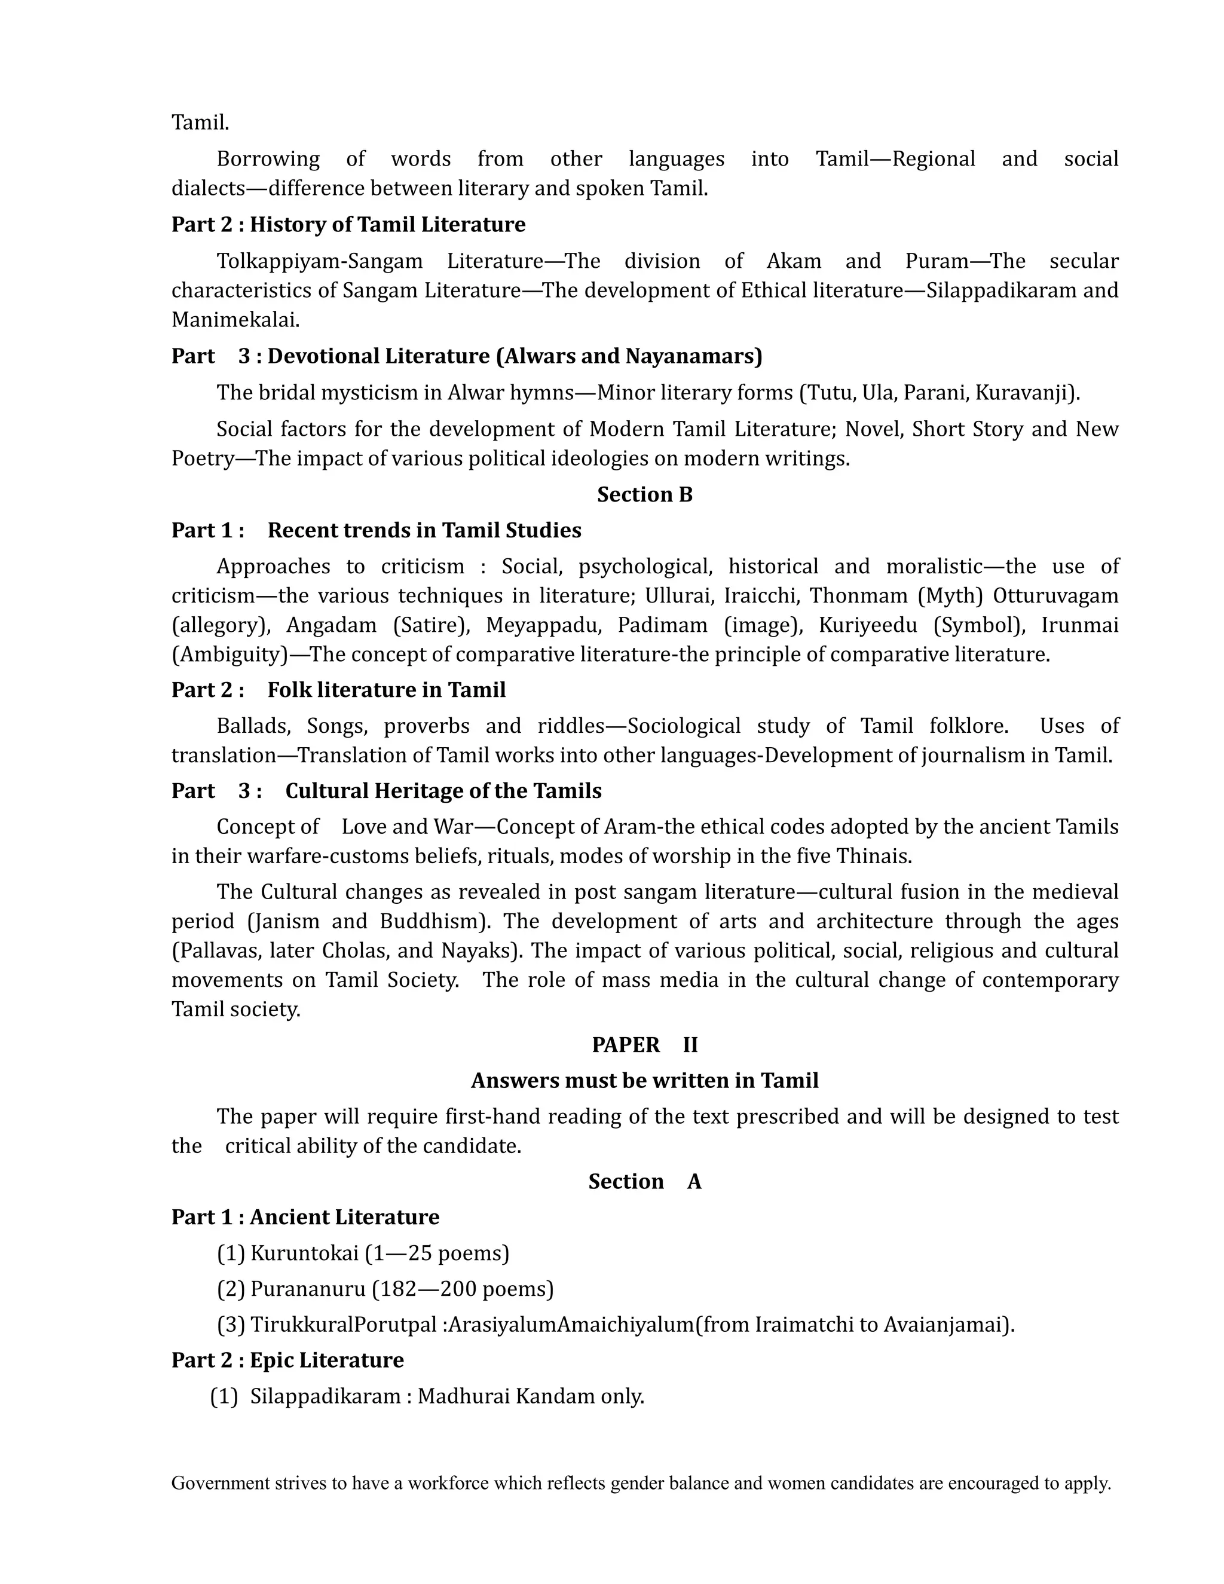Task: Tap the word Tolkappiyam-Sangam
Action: [x=319, y=261]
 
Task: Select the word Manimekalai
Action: [x=234, y=320]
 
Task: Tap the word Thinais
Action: [x=873, y=857]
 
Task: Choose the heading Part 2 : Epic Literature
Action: [x=287, y=1360]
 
